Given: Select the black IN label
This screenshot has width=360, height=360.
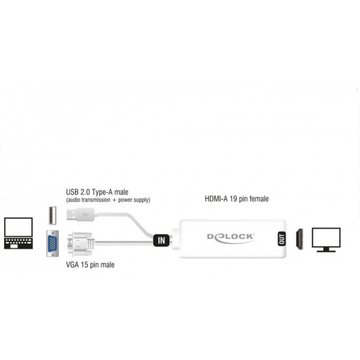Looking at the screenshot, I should tap(160, 240).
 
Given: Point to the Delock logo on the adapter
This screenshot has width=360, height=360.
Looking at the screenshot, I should tap(230, 238).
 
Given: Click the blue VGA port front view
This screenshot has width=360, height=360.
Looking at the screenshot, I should tap(53, 244).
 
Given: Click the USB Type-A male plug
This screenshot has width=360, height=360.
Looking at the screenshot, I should tap(80, 214).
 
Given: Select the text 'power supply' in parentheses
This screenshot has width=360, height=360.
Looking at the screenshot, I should tap(134, 200).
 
